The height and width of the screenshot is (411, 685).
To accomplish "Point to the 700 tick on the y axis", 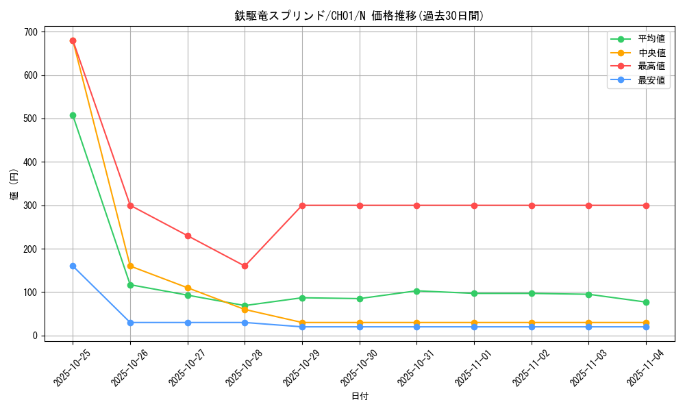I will pos(30,32).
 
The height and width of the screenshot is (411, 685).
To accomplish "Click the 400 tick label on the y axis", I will pos(30,162).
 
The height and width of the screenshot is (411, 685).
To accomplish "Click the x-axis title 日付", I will pos(360,397).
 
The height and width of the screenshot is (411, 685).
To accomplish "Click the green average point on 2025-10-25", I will pos(73,115).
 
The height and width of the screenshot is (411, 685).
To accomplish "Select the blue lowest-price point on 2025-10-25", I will pos(73,266).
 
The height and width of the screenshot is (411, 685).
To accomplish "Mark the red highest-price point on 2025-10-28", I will pos(245,266).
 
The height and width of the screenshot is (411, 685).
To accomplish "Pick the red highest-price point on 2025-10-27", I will pos(188,236).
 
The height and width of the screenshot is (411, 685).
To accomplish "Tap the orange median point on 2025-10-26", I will pos(130,266).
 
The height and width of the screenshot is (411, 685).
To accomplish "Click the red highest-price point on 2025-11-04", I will pos(646,206).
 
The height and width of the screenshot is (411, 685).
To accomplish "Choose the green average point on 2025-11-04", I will pos(646,302).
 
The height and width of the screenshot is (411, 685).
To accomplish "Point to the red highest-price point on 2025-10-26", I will pos(130,206).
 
